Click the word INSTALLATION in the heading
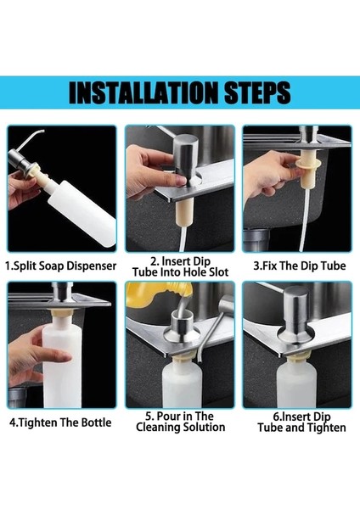click(x=143, y=92)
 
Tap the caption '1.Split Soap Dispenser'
click(x=61, y=266)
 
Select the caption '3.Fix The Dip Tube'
click(x=299, y=266)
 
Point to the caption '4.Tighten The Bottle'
click(x=60, y=422)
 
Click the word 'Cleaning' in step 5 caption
click(x=158, y=427)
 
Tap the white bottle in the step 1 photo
click(x=82, y=213)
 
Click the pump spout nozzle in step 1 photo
click(x=30, y=138)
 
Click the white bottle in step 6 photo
click(x=296, y=384)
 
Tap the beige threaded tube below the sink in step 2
click(x=184, y=211)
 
